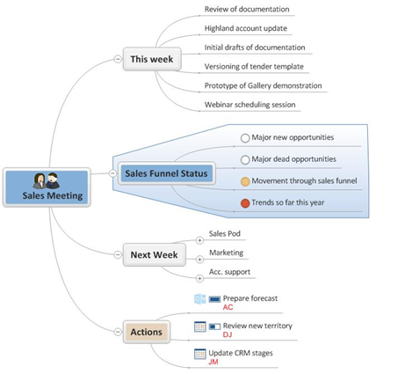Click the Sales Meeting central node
click(x=47, y=187)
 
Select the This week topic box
click(x=152, y=59)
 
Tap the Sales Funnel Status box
click(x=167, y=173)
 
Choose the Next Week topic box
click(x=154, y=254)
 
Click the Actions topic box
click(x=147, y=332)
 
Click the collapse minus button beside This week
click(x=118, y=59)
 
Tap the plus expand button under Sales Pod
click(x=199, y=240)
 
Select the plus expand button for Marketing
click(x=199, y=260)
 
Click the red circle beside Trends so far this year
click(x=245, y=203)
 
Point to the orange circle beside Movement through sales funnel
click(x=245, y=181)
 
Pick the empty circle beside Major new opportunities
click(x=245, y=138)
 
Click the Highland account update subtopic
click(x=246, y=28)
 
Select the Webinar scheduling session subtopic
click(x=249, y=105)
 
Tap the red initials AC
click(x=228, y=307)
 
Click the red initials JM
click(x=213, y=362)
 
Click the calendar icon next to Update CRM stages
click(x=200, y=354)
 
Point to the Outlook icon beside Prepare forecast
click(x=200, y=299)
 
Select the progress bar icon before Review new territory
click(x=214, y=326)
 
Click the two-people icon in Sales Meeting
click(x=47, y=180)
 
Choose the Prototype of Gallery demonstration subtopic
click(x=263, y=85)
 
